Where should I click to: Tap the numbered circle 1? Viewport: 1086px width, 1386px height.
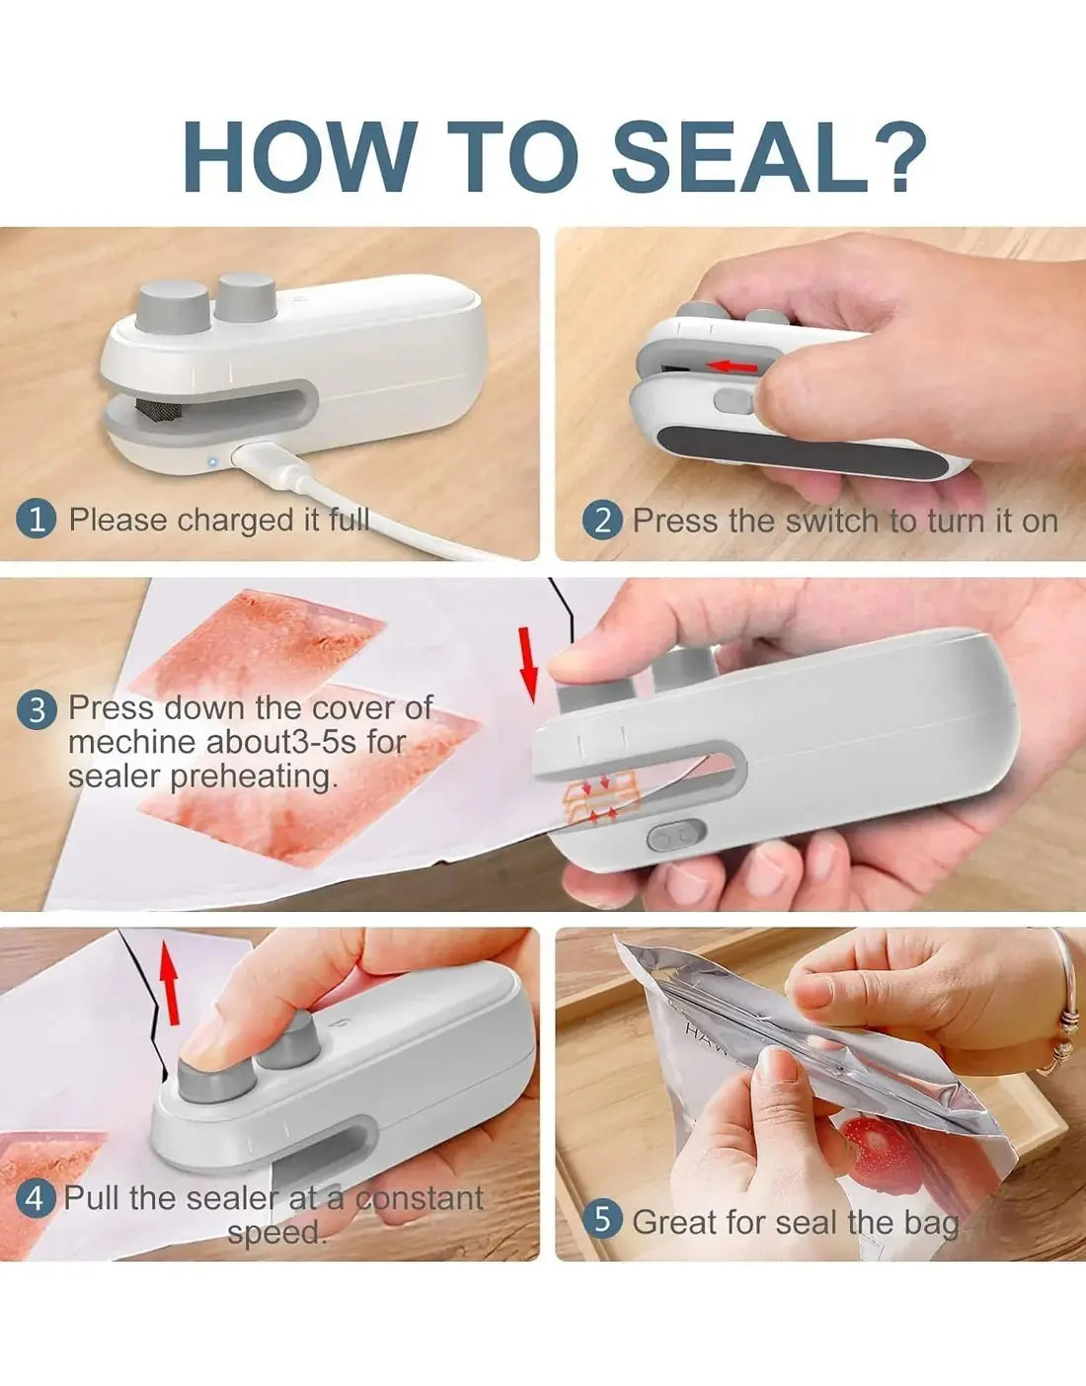(x=37, y=519)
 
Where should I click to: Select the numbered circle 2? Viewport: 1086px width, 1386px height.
(x=602, y=520)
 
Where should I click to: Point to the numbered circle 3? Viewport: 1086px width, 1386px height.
(x=37, y=709)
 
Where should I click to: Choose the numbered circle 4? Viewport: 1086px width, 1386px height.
(x=37, y=1199)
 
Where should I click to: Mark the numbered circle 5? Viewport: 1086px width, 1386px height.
(x=602, y=1220)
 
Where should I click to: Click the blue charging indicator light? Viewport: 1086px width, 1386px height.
(x=211, y=460)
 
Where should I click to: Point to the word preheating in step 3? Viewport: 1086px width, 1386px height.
(x=254, y=776)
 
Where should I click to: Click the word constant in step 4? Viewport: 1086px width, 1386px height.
(x=420, y=1198)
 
